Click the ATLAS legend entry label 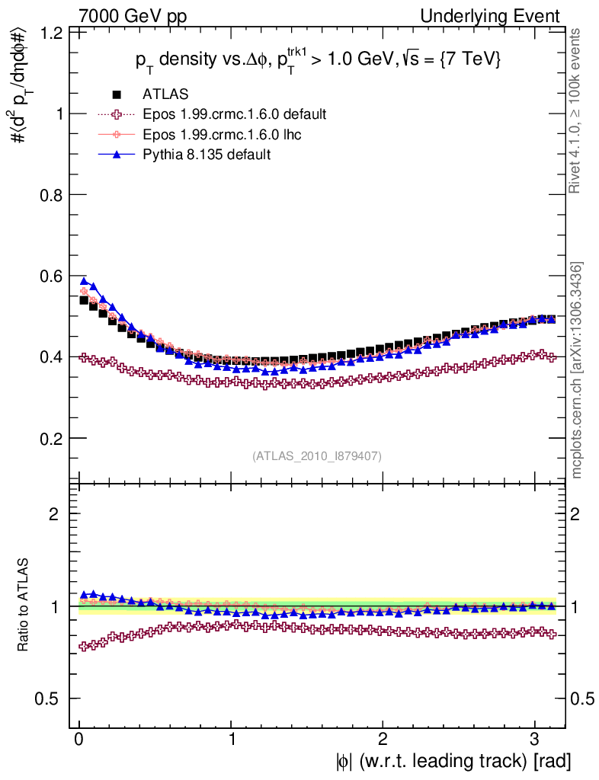tap(165, 94)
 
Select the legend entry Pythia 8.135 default tap(206, 155)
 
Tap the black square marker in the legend tap(117, 94)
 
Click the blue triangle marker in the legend tap(117, 155)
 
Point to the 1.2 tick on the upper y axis tap(52, 33)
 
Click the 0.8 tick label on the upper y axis tap(52, 195)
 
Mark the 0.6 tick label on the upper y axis tap(52, 276)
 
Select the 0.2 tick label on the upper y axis tap(52, 439)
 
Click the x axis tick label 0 tap(79, 739)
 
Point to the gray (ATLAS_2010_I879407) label tap(317, 456)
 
